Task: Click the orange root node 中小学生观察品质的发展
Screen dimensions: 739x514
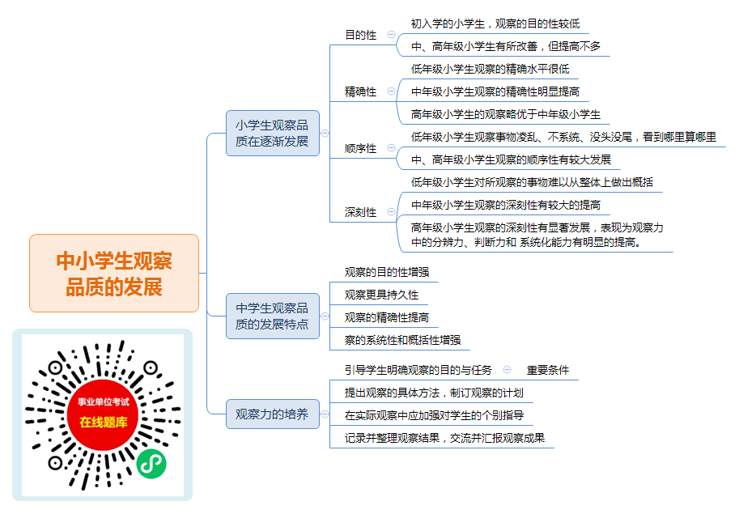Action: click(x=114, y=274)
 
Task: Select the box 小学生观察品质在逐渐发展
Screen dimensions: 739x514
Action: click(x=273, y=134)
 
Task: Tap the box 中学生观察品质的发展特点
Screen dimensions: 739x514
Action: click(x=273, y=316)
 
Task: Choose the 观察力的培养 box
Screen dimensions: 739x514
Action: click(x=273, y=414)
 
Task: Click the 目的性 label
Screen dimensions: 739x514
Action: click(x=360, y=35)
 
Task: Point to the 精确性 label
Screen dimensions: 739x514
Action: click(x=360, y=91)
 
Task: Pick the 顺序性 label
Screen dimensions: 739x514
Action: click(x=360, y=148)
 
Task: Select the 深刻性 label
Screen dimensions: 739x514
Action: click(x=360, y=212)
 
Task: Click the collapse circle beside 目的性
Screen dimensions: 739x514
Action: click(x=391, y=34)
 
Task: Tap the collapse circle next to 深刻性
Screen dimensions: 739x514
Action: click(x=391, y=211)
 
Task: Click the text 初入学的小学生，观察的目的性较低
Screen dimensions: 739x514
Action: click(x=495, y=23)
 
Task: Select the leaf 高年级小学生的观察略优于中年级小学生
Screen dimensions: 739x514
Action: click(x=506, y=114)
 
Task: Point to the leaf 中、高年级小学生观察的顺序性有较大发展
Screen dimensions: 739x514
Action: click(x=511, y=159)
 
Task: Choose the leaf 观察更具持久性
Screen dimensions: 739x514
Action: click(x=381, y=295)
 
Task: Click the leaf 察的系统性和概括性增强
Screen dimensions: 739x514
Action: click(x=402, y=340)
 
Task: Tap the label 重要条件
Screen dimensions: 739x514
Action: click(x=548, y=370)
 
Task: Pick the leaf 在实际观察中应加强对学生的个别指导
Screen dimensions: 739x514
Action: click(x=434, y=415)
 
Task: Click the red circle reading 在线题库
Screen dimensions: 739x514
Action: click(x=104, y=414)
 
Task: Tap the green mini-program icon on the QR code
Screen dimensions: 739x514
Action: click(x=151, y=464)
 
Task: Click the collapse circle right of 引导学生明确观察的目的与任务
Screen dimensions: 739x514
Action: click(x=508, y=370)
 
